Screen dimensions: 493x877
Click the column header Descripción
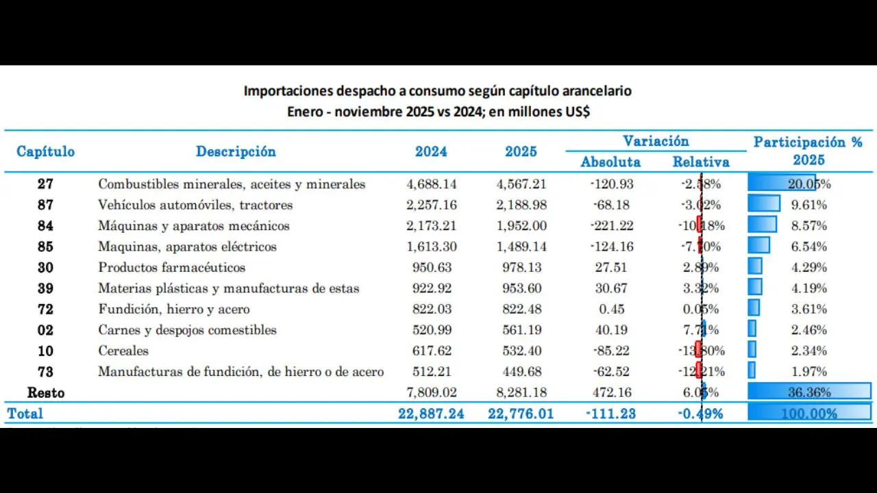tap(236, 151)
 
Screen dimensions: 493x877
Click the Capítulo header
tap(45, 151)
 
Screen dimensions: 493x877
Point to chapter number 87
tap(45, 205)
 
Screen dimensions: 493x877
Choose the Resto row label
tap(45, 393)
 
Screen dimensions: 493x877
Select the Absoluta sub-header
tap(610, 162)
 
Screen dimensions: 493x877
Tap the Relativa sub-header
tap(701, 162)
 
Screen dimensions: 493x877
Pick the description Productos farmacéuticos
tap(171, 268)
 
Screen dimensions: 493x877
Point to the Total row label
tap(25, 414)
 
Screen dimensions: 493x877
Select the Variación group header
tap(656, 141)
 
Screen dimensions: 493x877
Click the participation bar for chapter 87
tap(764, 204)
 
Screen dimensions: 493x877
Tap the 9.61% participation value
tap(808, 205)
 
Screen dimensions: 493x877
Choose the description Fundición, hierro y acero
tap(174, 309)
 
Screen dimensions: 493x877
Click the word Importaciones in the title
tap(288, 91)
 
